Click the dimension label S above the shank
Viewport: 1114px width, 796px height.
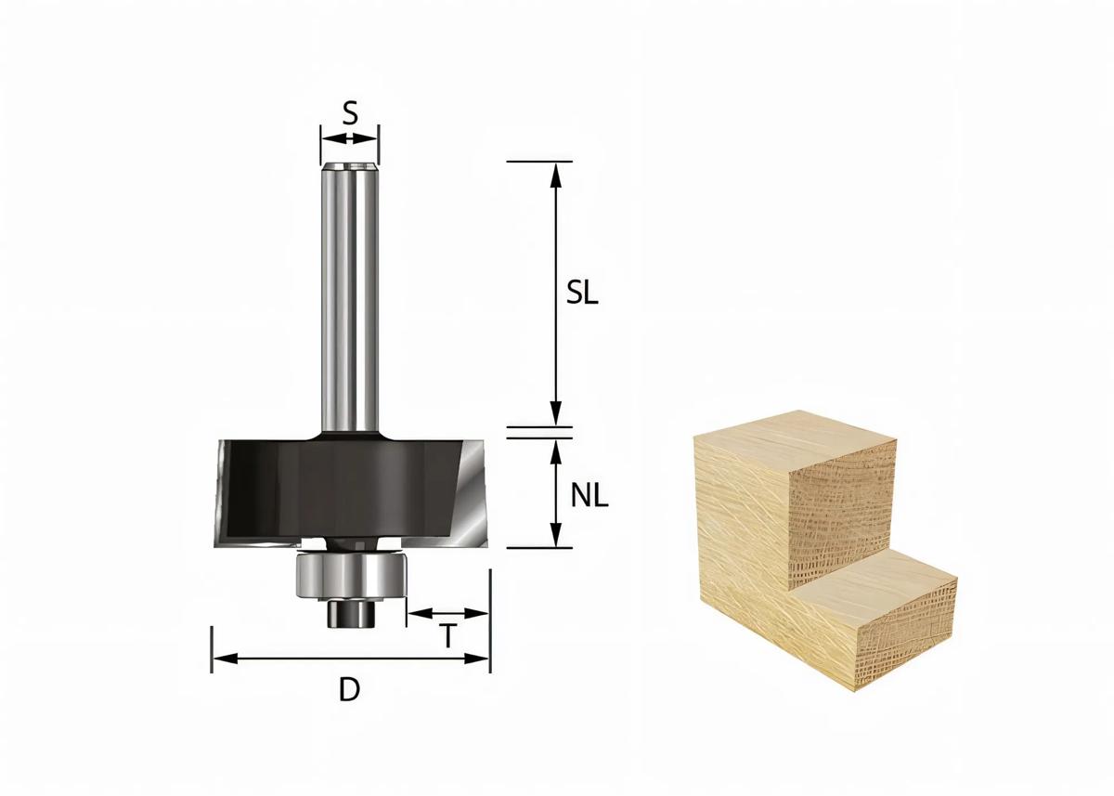pos(350,112)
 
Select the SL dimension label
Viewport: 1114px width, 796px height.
pos(583,293)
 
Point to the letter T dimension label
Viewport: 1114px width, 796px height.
pos(448,637)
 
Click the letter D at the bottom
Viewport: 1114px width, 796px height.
pos(349,690)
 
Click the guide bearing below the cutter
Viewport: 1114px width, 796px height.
pos(350,576)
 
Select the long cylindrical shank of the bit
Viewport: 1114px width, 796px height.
pos(350,297)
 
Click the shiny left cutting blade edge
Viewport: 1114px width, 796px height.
pos(223,492)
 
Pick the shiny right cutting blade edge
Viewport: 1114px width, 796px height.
pos(477,492)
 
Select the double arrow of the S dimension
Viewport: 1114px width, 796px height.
pos(350,138)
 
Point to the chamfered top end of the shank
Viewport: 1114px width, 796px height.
pos(350,168)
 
